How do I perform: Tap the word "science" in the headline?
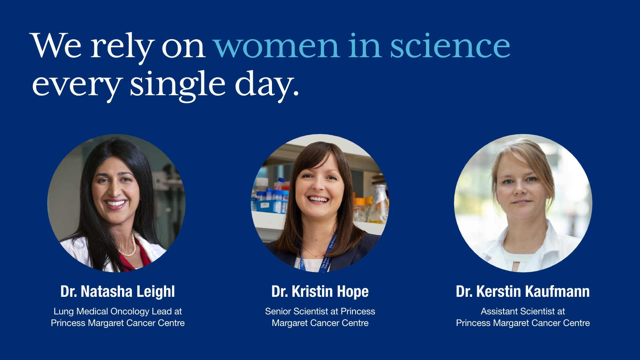450,45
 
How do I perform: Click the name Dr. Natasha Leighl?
118,292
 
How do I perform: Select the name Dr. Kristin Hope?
320,292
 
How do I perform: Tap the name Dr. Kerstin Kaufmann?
522,292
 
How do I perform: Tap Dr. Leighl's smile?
116,204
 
